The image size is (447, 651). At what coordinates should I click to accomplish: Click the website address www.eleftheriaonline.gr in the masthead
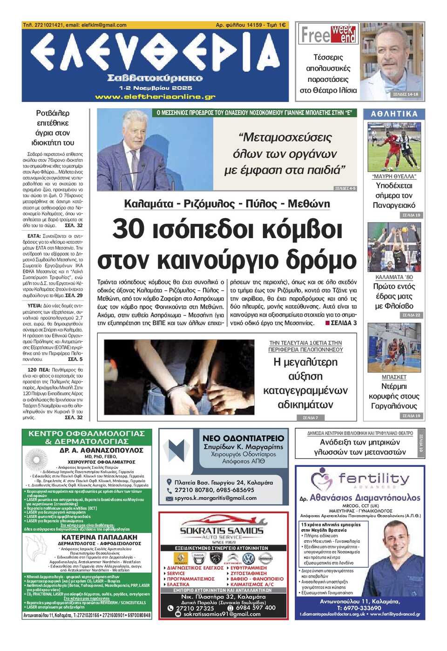155,97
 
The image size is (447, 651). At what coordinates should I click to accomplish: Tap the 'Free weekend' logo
328,34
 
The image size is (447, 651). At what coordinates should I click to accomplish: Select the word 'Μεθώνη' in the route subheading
309,204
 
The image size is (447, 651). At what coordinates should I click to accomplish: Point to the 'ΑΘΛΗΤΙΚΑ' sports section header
394,113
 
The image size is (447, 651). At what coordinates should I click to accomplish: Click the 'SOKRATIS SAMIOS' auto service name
222,531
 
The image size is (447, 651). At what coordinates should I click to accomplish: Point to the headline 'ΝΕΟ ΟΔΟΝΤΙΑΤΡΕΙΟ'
243,438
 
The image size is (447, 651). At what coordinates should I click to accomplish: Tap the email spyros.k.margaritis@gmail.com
215,498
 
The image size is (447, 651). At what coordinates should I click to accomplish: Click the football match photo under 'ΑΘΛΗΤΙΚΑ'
394,147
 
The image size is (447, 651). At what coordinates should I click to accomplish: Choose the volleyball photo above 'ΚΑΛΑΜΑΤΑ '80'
394,247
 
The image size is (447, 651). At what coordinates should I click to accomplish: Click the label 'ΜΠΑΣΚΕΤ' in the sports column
394,377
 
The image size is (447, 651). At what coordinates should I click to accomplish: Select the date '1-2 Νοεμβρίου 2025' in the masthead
155,88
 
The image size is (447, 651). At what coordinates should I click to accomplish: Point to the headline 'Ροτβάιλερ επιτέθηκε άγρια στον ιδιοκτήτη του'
53,128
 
